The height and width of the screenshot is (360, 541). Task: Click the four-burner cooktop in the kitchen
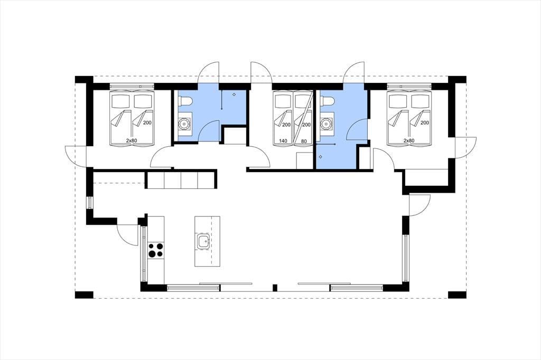[x=156, y=250]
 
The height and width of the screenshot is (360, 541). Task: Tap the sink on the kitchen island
[x=202, y=241]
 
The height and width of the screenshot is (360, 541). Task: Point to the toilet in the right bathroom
[x=327, y=101]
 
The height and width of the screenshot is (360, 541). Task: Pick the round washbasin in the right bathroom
[x=325, y=124]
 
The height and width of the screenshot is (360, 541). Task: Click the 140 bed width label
[x=283, y=141]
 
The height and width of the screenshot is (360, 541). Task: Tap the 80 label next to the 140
[x=304, y=141]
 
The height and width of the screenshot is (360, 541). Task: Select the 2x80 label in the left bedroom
[x=132, y=141]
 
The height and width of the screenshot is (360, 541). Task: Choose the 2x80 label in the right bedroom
[x=409, y=141]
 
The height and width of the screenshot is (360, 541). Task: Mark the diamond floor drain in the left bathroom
[x=234, y=94]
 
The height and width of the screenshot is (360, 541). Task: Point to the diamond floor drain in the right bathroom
[x=321, y=157]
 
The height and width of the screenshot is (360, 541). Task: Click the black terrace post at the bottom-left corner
[x=84, y=295]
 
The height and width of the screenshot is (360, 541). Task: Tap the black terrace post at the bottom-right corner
[x=457, y=295]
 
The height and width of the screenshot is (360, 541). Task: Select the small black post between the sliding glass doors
[x=275, y=288]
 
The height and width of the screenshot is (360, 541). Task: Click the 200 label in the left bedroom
[x=147, y=123]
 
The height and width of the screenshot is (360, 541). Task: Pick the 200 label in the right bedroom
[x=425, y=123]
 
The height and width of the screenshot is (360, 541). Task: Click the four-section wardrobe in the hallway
[x=181, y=179]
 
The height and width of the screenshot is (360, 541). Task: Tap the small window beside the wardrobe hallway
[x=90, y=202]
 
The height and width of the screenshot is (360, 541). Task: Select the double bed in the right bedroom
[x=409, y=117]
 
